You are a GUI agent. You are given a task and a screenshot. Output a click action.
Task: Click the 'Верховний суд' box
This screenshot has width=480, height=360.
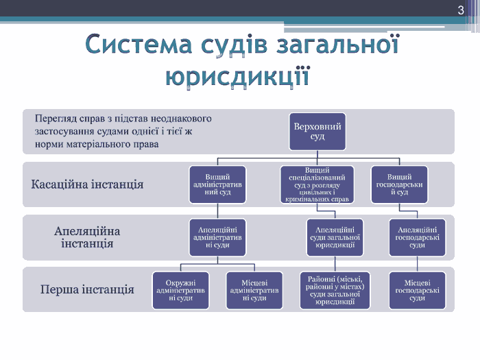317,132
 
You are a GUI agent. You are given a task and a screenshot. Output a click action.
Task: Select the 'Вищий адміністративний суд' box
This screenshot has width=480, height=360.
217,184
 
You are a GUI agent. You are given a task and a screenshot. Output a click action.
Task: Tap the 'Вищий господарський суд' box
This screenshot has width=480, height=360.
398,184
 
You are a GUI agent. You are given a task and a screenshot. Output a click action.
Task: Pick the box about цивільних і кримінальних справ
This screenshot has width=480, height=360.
317,184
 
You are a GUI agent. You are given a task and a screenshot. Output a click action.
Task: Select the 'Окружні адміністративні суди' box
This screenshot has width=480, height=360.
180,290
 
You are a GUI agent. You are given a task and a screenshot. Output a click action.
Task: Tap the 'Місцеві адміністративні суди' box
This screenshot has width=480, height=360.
254,290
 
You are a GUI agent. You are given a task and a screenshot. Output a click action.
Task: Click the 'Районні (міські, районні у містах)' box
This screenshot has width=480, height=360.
335,290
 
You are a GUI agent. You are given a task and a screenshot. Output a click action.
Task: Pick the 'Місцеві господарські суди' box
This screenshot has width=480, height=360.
417,290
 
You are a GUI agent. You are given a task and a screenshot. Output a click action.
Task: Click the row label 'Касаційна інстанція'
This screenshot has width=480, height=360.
87,184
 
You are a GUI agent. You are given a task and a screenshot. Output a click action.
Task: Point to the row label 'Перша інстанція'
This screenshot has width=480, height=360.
86,289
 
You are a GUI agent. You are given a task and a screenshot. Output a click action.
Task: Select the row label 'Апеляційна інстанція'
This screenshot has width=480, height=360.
86,237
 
